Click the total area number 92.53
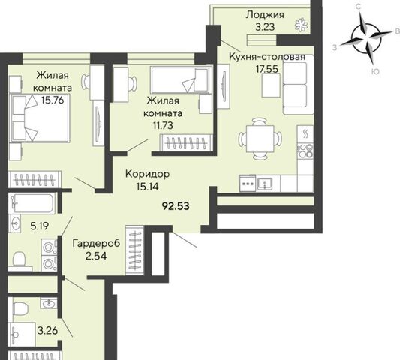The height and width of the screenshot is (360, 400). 176,206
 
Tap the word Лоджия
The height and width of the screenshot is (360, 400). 265,15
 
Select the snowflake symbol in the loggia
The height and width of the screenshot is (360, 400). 302,25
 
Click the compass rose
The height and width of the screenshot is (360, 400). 366,39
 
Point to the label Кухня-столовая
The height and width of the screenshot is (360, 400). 267,57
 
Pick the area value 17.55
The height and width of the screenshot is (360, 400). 267,69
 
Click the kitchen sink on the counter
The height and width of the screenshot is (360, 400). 265,183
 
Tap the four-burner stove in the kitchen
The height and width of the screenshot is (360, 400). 305,151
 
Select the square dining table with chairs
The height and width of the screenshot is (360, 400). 260,139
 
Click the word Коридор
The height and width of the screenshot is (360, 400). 147,175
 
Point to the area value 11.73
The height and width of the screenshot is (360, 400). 163,125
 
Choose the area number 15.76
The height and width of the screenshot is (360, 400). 53,100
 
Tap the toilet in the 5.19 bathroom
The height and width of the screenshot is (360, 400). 20,259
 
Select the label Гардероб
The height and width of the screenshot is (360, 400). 96,243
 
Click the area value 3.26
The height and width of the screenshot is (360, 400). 47,331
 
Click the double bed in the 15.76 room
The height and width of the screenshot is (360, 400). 40,118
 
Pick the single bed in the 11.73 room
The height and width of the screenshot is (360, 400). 181,79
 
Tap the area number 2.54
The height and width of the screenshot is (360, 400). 96,256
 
